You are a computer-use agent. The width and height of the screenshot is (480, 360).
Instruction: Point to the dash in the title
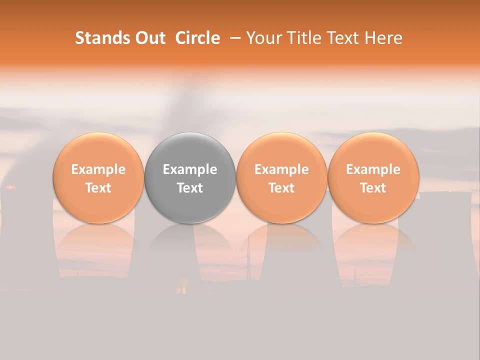click(233, 38)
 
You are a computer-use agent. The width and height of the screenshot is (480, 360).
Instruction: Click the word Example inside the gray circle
click(190, 169)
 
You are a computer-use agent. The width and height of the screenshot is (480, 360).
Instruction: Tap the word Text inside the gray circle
click(190, 188)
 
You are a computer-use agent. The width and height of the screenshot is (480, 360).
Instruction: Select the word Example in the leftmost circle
click(98, 169)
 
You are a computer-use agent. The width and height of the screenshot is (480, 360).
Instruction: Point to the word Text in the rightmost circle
click(373, 188)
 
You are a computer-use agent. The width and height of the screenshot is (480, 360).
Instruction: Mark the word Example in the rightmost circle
click(373, 169)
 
